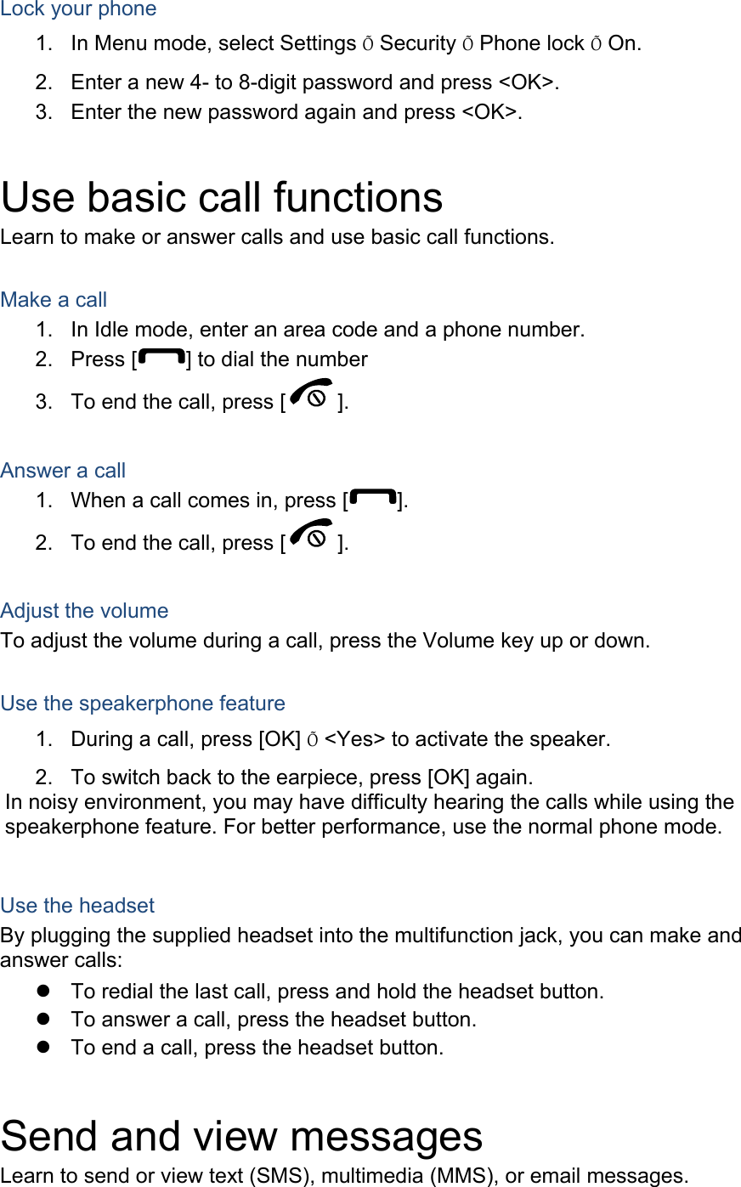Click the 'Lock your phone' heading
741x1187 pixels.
coord(78,9)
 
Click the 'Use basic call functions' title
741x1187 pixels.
coord(222,198)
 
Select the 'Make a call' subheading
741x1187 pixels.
coord(54,300)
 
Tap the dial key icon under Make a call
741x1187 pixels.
coord(161,358)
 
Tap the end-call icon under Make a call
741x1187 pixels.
coord(310,396)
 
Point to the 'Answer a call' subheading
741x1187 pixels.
coord(63,471)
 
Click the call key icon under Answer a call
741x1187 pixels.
coord(372,499)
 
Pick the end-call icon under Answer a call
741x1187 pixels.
coord(310,537)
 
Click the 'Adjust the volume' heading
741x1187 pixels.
coord(84,611)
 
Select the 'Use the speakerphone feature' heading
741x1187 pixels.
coord(143,704)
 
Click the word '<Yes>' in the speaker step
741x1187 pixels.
coord(354,739)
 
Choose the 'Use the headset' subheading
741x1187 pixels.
coord(77,906)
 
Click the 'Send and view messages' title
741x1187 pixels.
coord(241,1137)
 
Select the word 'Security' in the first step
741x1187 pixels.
coord(418,43)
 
